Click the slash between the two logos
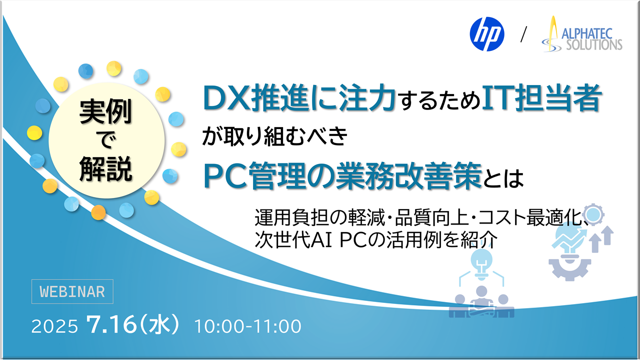pos(523,35)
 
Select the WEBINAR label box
pos(72,291)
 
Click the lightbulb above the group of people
pos(481,261)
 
